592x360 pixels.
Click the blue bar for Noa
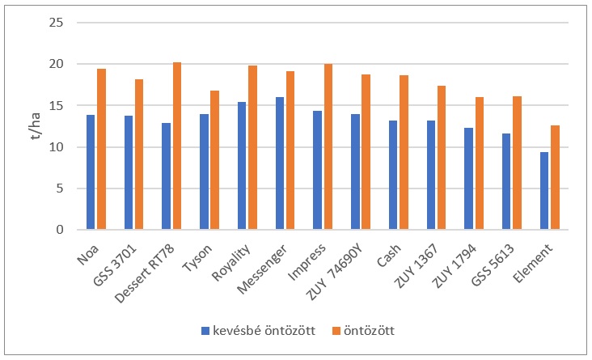coord(91,172)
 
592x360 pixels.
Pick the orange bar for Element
coord(555,177)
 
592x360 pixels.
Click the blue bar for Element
coord(544,191)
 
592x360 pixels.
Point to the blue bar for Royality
coord(242,166)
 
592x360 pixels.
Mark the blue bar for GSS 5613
coord(506,182)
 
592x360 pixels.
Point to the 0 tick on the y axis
coord(59,230)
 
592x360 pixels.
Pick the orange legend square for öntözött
coord(335,330)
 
